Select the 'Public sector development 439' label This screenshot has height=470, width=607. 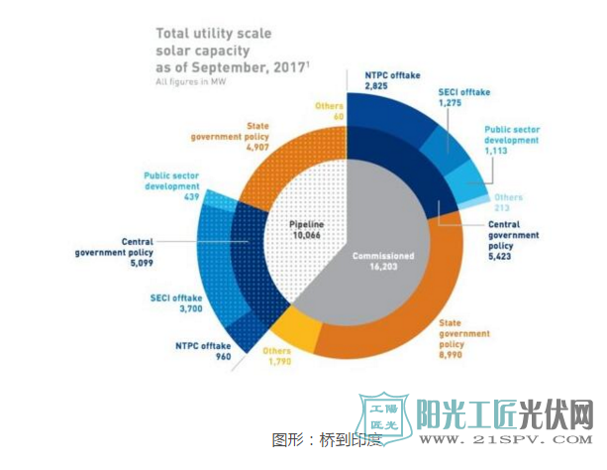pyautogui.click(x=171, y=185)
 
